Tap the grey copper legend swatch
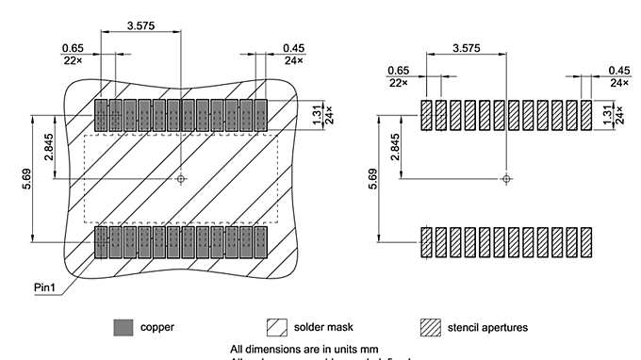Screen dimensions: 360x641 [123, 327]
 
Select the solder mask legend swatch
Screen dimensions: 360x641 [278, 327]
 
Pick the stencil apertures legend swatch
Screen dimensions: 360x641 [430, 327]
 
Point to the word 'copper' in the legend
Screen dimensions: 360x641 [156, 328]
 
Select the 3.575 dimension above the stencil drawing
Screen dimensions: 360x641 [468, 47]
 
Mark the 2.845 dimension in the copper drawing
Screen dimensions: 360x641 [49, 149]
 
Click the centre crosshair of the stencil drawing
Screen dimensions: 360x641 [507, 177]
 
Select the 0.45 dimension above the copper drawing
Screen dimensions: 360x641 [293, 48]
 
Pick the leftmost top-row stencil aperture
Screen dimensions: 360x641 [426, 115]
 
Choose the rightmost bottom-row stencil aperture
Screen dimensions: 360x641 [586, 242]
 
